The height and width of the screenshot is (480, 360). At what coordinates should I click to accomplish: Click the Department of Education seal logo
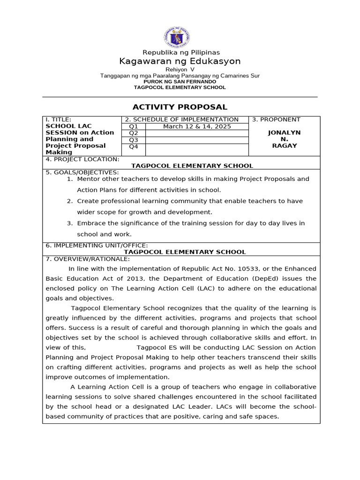tap(180, 37)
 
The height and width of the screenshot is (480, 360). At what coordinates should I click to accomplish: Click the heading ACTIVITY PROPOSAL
tap(180, 107)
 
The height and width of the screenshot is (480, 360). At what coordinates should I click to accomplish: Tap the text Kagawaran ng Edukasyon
tap(180, 61)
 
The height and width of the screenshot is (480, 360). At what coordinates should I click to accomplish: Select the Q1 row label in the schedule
tap(134, 127)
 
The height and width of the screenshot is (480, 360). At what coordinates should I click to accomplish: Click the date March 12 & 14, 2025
tap(197, 127)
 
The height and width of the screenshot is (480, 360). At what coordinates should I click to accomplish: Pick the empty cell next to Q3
tap(197, 140)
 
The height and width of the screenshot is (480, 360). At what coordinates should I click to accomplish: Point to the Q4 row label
tap(134, 147)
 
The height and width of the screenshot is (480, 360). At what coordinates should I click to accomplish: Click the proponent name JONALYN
tap(284, 133)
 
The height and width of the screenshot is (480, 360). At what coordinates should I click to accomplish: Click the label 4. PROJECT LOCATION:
tap(82, 159)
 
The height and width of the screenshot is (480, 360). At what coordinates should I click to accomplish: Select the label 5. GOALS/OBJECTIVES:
tap(82, 172)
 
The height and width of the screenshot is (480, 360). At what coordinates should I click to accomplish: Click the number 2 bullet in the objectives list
tap(69, 201)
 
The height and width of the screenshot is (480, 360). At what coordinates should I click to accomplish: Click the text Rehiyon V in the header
tap(180, 69)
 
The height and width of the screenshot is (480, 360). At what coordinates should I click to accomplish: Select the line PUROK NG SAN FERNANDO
tap(180, 82)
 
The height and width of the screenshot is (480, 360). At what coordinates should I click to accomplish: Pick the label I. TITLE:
tap(58, 120)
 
